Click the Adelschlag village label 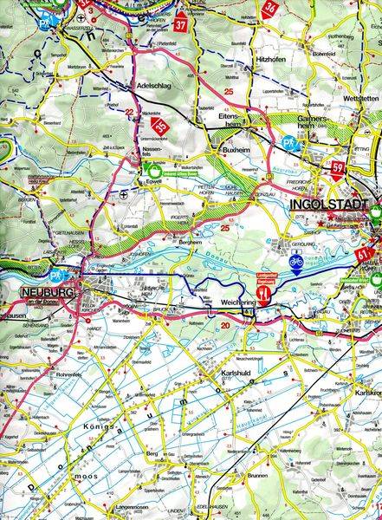(156, 87)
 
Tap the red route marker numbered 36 (270, 9)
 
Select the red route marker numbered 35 (159, 128)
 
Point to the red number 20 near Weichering (226, 326)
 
